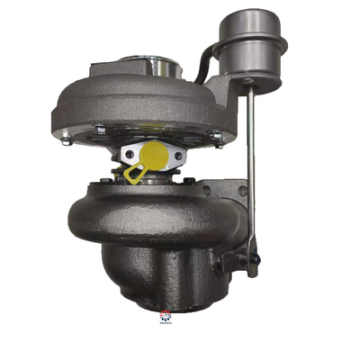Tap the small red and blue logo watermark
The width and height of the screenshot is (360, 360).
click(x=166, y=316)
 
